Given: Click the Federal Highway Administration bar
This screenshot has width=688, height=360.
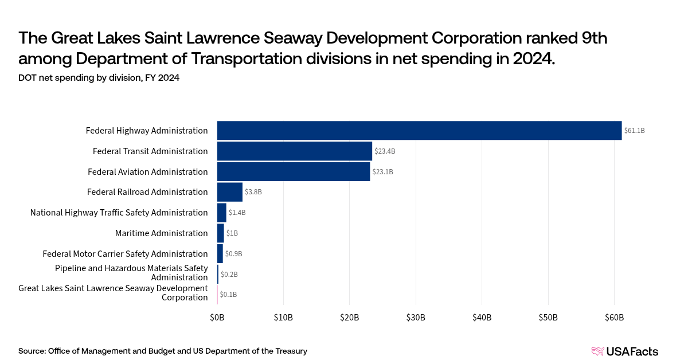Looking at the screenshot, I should (x=419, y=131).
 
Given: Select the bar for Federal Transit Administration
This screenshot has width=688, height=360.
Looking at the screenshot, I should (x=295, y=151).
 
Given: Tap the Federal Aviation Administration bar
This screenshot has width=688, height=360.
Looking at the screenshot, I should (x=294, y=172).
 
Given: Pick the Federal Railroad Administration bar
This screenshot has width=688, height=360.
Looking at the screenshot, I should (x=230, y=192).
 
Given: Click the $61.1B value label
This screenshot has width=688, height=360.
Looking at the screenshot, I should (x=635, y=131).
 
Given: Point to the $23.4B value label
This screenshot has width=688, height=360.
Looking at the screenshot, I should (x=385, y=151).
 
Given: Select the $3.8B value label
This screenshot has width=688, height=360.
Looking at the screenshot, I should (x=253, y=192).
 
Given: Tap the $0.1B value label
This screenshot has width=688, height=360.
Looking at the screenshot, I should (x=228, y=295).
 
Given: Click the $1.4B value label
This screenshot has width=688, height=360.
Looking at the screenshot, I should (x=237, y=213).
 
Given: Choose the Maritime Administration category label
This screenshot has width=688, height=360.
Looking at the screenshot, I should (x=161, y=233).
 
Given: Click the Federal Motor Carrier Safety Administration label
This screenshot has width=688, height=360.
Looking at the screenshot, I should (x=125, y=254).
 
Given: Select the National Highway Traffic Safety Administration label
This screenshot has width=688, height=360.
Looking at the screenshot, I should (x=119, y=213).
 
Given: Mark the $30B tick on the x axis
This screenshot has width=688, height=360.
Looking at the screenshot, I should (x=416, y=318).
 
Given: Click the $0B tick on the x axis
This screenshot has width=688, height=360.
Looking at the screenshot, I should (x=217, y=318).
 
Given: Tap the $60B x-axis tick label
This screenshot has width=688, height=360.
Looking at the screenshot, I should (x=614, y=318).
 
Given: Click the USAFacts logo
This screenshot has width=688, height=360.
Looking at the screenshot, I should (x=624, y=351).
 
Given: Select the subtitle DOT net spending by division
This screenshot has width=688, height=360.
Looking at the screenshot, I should (x=99, y=78).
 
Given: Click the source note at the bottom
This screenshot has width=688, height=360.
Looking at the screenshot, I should (x=163, y=351).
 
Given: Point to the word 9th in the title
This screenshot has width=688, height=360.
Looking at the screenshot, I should (x=591, y=38).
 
